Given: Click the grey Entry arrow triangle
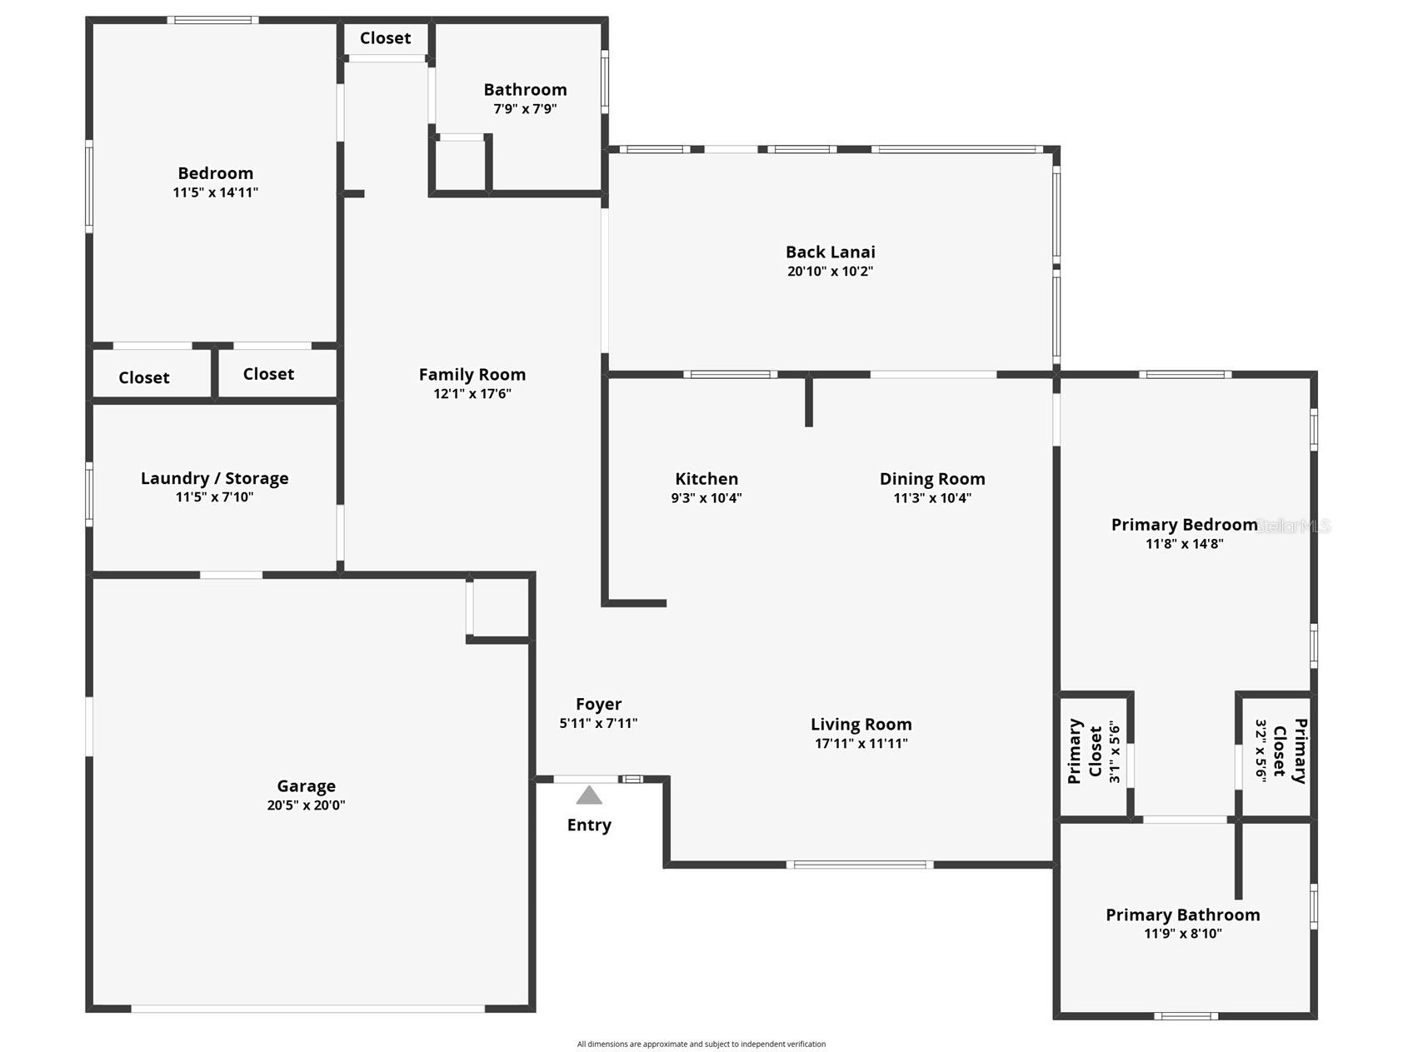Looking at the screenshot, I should click(x=589, y=796).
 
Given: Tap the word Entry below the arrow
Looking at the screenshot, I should click(x=589, y=825).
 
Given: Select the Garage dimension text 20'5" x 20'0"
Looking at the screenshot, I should click(x=306, y=805).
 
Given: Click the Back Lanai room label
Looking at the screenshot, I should click(x=830, y=252).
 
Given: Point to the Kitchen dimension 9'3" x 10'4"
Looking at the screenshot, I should click(x=706, y=498).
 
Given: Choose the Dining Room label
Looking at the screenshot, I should click(x=931, y=479).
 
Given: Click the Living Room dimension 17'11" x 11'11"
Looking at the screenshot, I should click(x=861, y=744).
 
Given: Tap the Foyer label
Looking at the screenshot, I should click(x=598, y=705).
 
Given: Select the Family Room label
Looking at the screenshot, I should click(x=472, y=375).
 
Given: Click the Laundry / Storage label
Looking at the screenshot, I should click(x=214, y=478).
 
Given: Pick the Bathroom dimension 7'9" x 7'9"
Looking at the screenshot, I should click(x=525, y=109).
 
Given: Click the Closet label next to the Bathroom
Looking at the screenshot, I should click(x=385, y=38).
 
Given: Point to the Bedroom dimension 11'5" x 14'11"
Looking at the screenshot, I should click(x=215, y=192).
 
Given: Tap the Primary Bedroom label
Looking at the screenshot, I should click(x=1183, y=525).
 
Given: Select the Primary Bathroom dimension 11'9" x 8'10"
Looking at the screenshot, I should click(x=1182, y=934).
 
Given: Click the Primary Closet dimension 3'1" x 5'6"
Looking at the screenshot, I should click(x=1115, y=751).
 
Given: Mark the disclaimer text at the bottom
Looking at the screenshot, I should click(x=701, y=1044).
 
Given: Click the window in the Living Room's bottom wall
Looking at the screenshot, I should click(x=859, y=865).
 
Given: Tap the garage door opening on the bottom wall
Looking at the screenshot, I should click(x=307, y=1009).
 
